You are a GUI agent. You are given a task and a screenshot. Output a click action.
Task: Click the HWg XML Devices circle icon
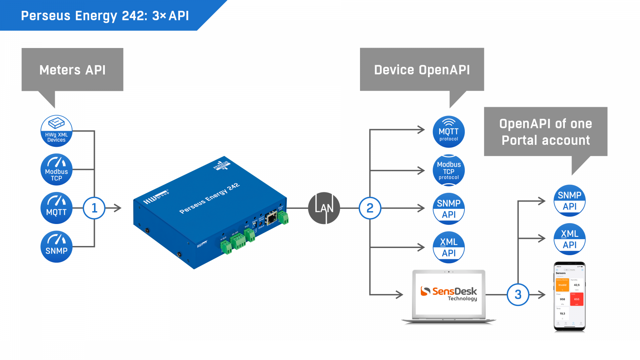point(56,131)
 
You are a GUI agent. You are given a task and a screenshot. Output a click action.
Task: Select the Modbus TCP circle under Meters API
point(56,170)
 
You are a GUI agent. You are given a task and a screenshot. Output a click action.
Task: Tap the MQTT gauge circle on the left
point(56,208)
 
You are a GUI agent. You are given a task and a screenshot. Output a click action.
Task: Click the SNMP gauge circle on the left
point(56,247)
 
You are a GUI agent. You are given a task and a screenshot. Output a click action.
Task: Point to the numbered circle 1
point(94,208)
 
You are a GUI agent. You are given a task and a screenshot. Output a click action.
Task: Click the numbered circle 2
point(370,208)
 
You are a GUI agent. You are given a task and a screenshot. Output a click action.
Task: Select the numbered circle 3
point(518,295)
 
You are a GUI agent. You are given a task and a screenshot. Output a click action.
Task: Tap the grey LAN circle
point(324,208)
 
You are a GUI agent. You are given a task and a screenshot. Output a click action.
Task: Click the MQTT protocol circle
point(449,132)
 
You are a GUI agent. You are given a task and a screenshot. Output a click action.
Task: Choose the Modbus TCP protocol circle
point(449,170)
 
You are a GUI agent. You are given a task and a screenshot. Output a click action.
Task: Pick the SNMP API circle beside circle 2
point(449,209)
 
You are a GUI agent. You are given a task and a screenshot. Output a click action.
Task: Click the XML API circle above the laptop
point(449,247)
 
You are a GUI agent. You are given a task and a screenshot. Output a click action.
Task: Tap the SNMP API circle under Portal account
point(570,200)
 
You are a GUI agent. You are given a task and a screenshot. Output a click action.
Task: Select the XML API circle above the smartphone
point(570,239)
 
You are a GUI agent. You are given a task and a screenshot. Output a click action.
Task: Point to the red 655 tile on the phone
point(577,299)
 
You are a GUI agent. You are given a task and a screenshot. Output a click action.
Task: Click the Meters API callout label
point(72,70)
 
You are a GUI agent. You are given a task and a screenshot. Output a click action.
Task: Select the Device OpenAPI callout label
point(422,70)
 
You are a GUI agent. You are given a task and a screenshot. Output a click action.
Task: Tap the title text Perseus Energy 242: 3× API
point(105,16)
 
